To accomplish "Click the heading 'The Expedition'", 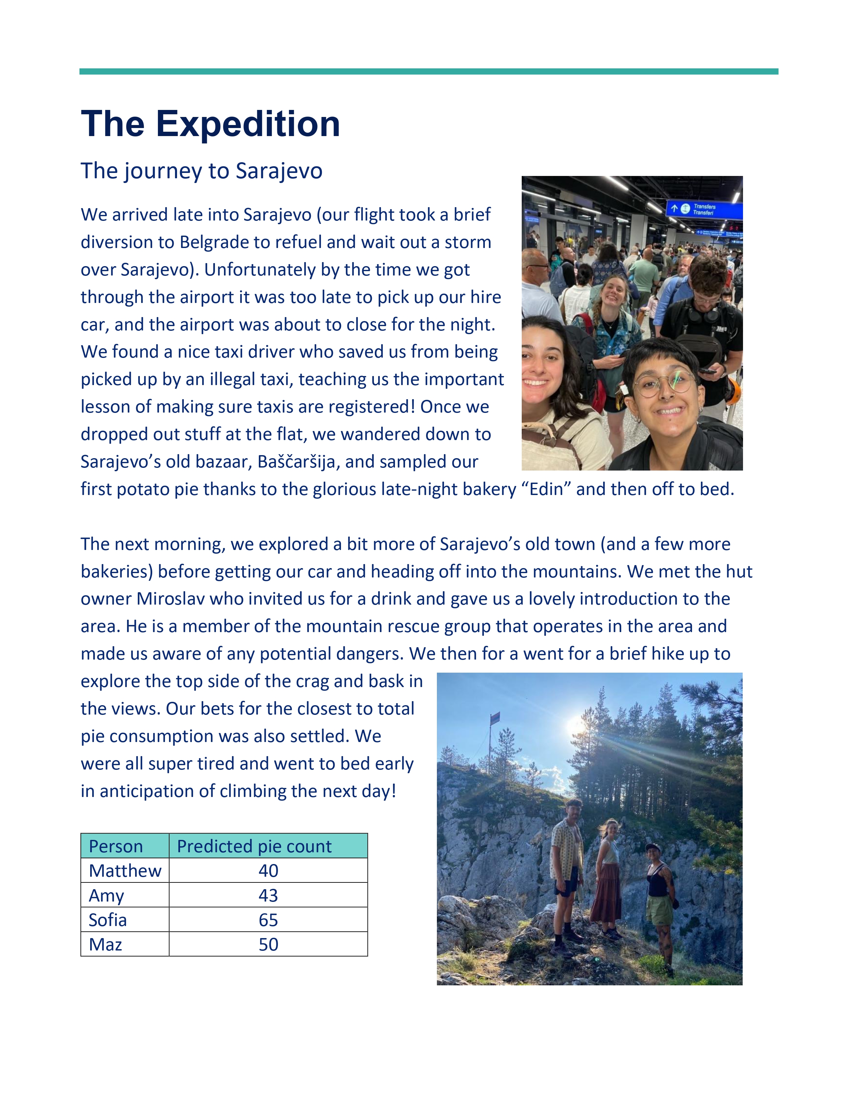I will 210,124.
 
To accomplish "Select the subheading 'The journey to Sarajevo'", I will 201,171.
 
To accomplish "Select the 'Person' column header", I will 116,846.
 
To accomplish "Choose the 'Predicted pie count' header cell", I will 254,846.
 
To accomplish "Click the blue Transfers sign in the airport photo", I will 704,209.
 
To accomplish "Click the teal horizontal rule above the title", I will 429,71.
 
